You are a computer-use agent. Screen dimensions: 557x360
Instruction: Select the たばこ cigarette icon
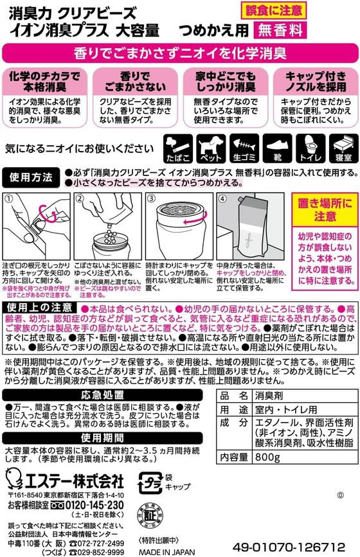[x=177, y=146]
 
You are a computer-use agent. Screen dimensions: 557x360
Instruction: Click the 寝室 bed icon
[x=341, y=146]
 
